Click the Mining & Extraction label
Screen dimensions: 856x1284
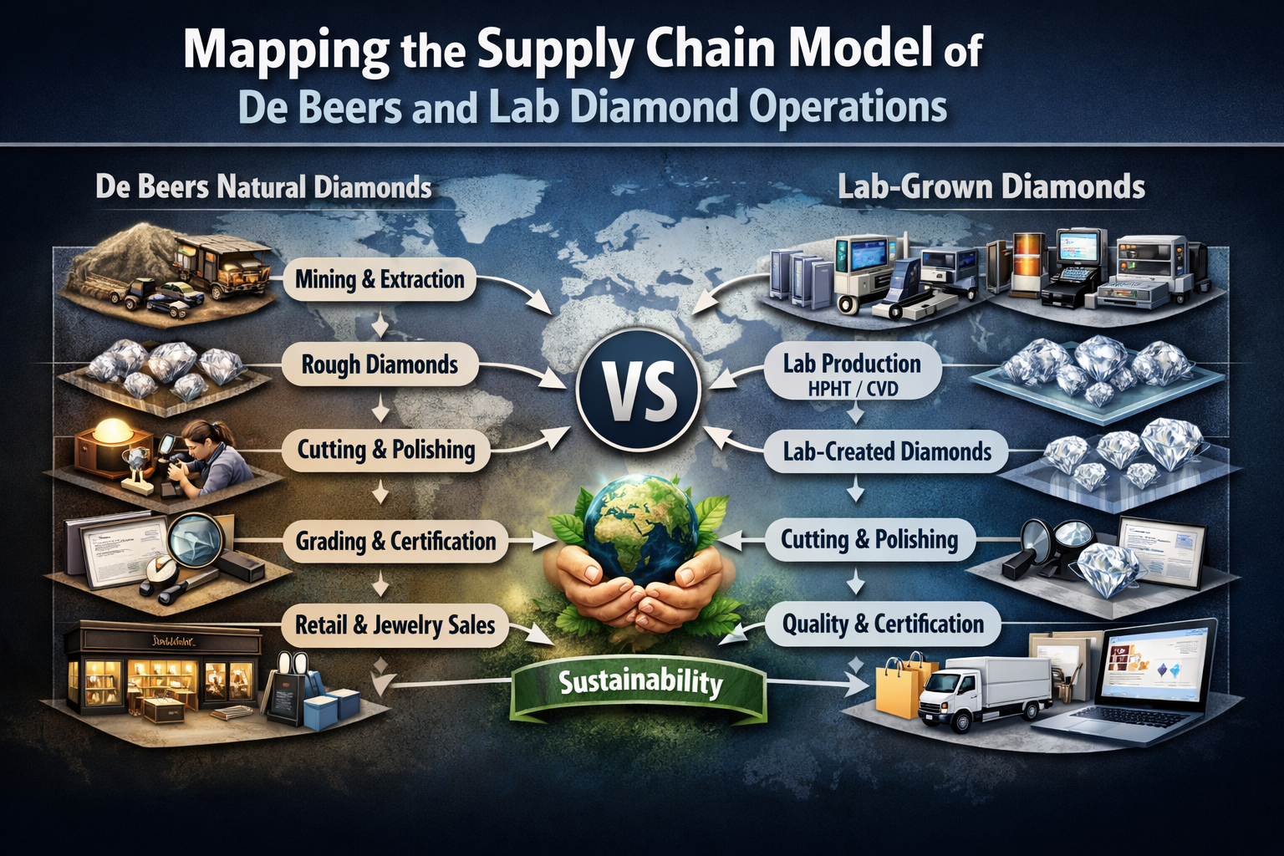coord(380,279)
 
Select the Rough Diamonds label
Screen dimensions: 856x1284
coord(380,364)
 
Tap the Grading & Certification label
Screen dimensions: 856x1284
coord(395,541)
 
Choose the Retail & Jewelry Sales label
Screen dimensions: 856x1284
coord(395,624)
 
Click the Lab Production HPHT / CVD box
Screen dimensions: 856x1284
coord(852,373)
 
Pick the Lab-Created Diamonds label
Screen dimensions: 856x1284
coord(887,452)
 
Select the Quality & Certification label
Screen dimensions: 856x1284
coord(883,624)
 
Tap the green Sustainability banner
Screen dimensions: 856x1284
coord(639,683)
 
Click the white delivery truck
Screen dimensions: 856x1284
coord(982,690)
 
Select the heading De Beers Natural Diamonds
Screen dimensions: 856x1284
coord(263,186)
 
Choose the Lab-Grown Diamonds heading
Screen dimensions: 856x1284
coord(991,186)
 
